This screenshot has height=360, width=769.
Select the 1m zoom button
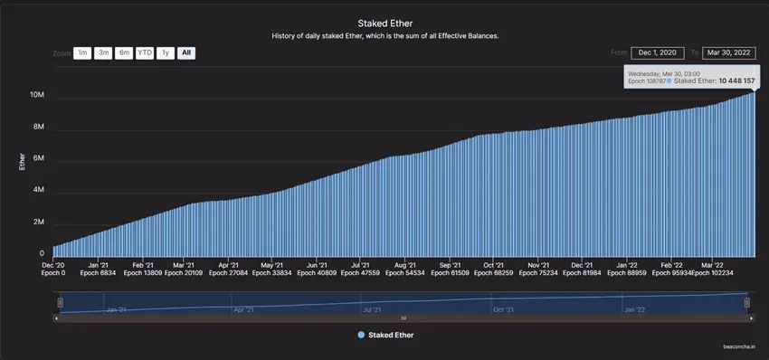coord(82,53)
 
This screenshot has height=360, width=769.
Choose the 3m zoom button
coord(103,53)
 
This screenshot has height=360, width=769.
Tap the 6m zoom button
coord(124,53)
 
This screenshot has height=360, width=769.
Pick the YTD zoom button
coord(145,53)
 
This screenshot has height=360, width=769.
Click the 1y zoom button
coord(165,53)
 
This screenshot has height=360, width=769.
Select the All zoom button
coord(185,53)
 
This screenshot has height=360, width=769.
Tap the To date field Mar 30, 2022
coord(729,53)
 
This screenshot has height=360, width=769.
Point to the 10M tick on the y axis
coord(37,95)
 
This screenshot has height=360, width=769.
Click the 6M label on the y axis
coord(39,158)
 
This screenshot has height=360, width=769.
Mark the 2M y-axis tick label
coord(39,222)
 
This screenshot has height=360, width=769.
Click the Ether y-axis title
coord(23,161)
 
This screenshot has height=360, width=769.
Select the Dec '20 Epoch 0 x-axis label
coord(53,268)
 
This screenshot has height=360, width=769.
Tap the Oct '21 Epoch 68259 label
coord(494,268)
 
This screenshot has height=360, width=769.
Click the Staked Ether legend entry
coord(385,335)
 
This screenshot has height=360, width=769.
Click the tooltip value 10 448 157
coord(736,81)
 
